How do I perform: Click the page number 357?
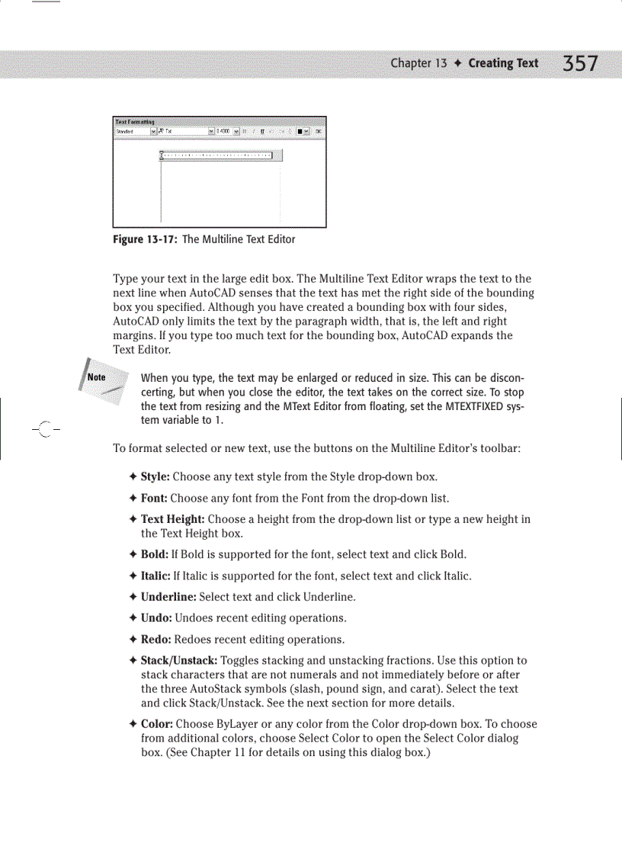point(580,63)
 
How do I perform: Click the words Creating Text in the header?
point(503,63)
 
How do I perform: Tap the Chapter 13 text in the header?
point(418,63)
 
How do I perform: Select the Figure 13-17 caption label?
point(145,239)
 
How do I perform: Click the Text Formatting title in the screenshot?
point(134,121)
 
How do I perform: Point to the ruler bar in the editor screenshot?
point(221,155)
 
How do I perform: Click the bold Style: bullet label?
point(155,477)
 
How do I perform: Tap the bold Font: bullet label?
point(154,499)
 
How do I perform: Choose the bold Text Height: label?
point(173,519)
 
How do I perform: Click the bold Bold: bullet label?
point(155,554)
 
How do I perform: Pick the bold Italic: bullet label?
point(156,575)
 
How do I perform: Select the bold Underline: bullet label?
point(168,597)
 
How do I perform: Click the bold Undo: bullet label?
point(155,618)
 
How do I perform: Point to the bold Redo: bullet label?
point(155,640)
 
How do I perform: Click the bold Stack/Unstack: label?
point(179,661)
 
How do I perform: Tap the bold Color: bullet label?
point(156,724)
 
